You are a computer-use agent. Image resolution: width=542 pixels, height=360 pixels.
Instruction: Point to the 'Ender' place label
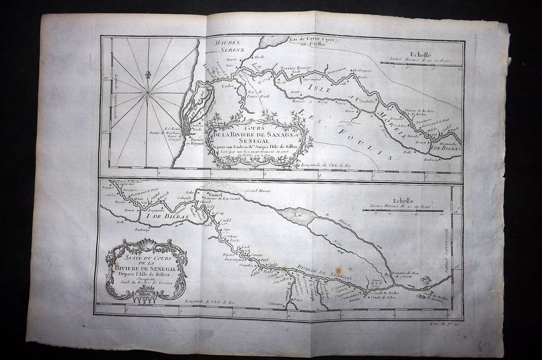point(229,86)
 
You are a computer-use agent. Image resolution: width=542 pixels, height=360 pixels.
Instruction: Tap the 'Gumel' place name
point(216,195)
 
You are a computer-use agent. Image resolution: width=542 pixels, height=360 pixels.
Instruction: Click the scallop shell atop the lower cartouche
point(146,244)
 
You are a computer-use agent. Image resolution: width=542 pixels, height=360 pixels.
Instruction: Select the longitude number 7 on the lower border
point(181,311)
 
